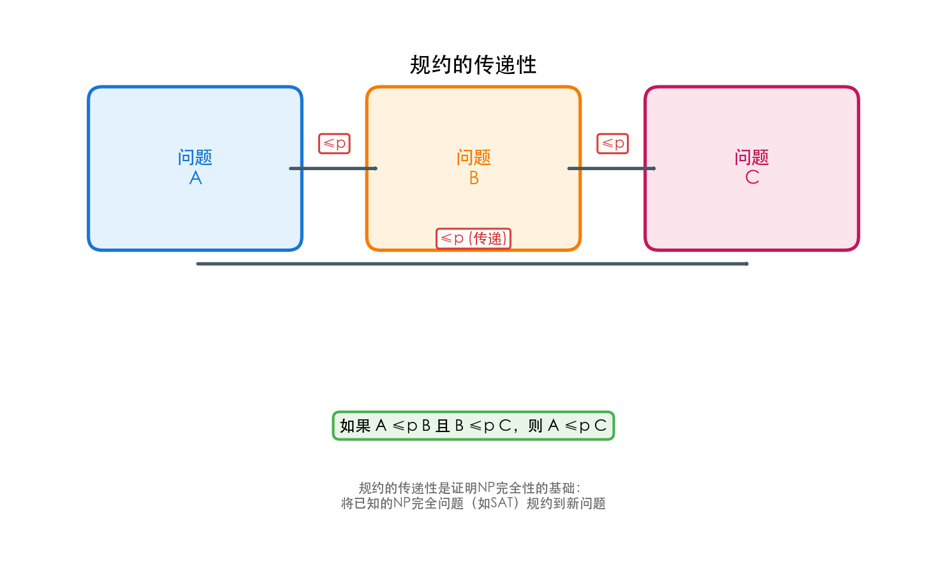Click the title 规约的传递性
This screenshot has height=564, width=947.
[x=473, y=65]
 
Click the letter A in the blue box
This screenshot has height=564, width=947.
[x=196, y=178]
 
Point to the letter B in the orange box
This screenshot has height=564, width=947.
[x=474, y=178]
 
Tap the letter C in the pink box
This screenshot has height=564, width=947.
[x=752, y=177]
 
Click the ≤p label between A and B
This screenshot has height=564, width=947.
[x=335, y=143]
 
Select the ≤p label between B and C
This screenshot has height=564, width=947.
[x=613, y=143]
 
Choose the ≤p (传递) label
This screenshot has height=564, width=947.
[x=473, y=238]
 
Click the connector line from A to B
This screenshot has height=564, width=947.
[x=333, y=168]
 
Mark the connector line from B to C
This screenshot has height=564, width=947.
[x=611, y=168]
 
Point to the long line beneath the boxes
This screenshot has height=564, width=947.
[x=472, y=263]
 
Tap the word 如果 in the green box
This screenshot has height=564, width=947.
[x=355, y=426]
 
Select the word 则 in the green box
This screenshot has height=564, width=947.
[x=536, y=426]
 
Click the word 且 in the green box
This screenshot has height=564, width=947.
[x=443, y=426]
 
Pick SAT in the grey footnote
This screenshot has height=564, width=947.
[x=503, y=503]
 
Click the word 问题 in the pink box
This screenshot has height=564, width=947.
[x=752, y=157]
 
